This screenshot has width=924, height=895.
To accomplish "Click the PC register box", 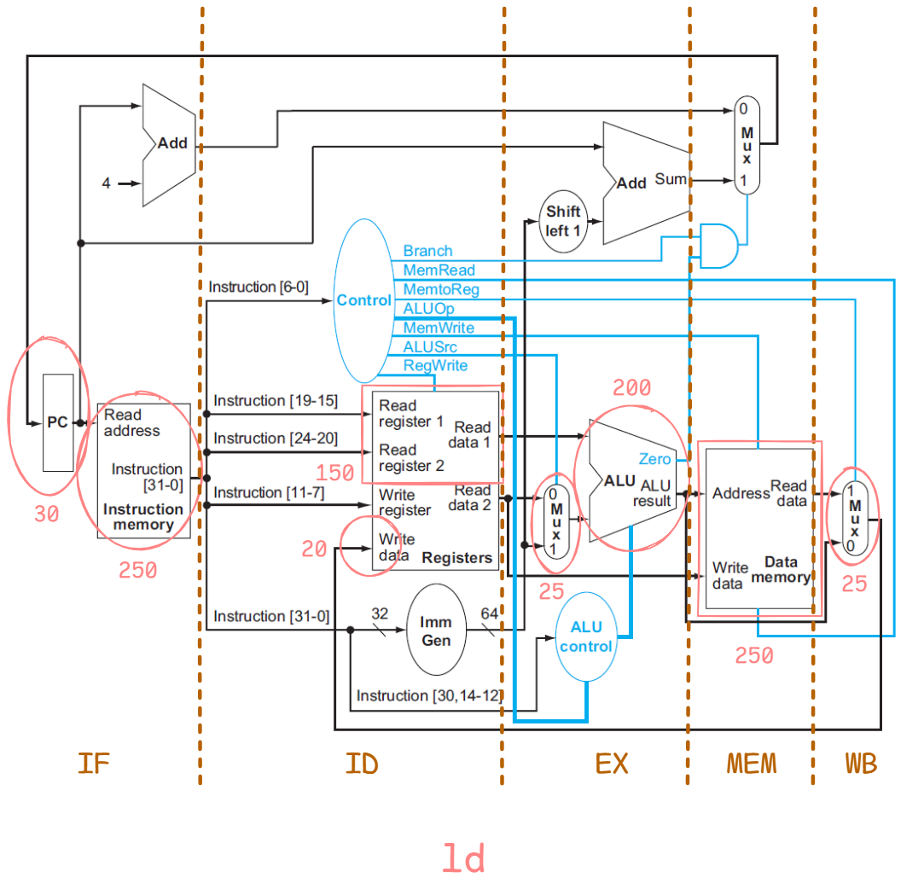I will [x=57, y=422].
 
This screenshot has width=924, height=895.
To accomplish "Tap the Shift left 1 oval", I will [x=563, y=221].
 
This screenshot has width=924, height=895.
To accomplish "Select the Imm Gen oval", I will [x=436, y=631].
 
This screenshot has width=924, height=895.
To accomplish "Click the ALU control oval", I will [x=586, y=636].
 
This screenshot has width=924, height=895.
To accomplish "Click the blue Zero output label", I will [x=654, y=459].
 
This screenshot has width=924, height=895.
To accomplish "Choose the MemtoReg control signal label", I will [x=441, y=290].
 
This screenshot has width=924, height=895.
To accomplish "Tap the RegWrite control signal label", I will [x=435, y=365].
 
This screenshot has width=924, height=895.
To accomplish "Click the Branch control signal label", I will [x=427, y=251].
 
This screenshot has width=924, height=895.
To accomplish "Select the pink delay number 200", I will [x=631, y=389].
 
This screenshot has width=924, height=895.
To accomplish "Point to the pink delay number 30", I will [x=46, y=514].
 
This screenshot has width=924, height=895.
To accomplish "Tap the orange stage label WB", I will [x=860, y=764].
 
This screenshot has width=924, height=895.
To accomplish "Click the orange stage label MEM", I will [x=752, y=764].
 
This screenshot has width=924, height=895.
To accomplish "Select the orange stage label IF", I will [x=93, y=764].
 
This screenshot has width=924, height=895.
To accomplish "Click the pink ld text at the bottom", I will [x=462, y=858].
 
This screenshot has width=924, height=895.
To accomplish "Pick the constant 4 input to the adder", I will [x=106, y=183].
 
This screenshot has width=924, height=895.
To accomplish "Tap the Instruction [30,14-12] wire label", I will [x=428, y=695].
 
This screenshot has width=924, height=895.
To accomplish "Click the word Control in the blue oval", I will [x=364, y=300].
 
